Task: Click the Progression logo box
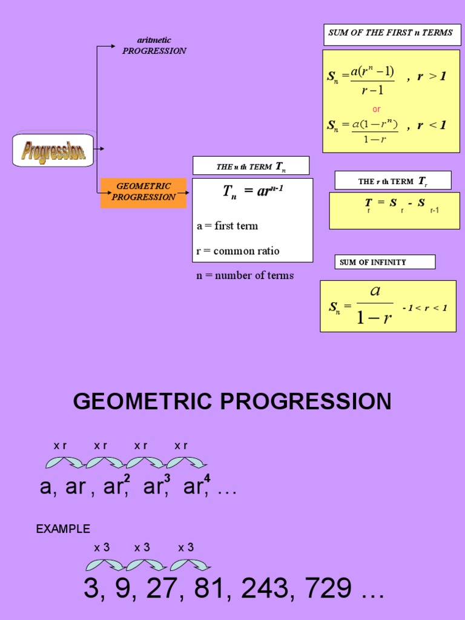(53, 150)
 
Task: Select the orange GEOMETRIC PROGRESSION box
(143, 192)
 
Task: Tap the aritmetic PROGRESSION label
(154, 45)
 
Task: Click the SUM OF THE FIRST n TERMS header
(391, 33)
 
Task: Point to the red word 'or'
(377, 110)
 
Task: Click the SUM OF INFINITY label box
(384, 262)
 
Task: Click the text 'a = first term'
(227, 226)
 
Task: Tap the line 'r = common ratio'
(238, 251)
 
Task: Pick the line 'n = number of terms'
(245, 275)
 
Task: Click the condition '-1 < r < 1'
(424, 308)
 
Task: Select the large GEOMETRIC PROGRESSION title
(232, 401)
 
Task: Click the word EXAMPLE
(63, 529)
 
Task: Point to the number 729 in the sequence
(327, 588)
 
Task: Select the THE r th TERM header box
(393, 180)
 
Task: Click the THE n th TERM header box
(251, 166)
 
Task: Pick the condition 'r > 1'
(431, 77)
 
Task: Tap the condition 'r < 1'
(431, 125)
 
